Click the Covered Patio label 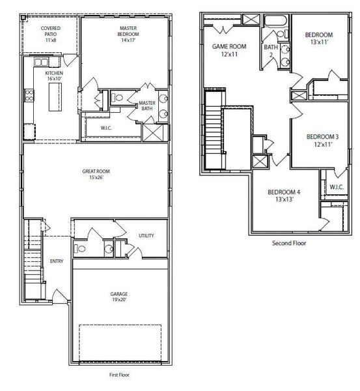point(51,35)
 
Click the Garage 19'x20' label point(118,298)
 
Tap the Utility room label point(146,235)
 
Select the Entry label point(57,261)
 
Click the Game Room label point(228,50)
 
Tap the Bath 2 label point(270,51)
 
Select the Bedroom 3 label point(323,140)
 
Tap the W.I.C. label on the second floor point(336,187)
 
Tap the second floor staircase point(215,130)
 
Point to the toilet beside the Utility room point(79,248)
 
